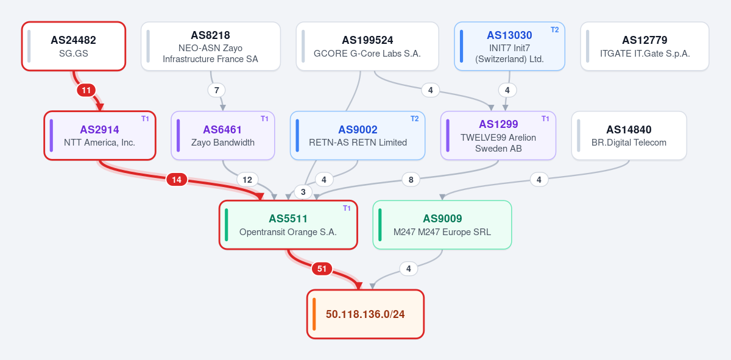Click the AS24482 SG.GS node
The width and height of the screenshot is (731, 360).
point(74,46)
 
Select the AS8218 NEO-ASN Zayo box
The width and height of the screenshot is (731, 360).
point(211,46)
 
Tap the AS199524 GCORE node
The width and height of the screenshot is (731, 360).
point(367,46)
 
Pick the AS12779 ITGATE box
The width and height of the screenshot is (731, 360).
point(645,46)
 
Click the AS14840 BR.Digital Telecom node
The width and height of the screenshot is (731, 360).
point(629,135)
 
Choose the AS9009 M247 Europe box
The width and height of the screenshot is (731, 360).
point(442,225)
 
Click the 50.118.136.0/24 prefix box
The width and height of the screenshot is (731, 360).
point(365,314)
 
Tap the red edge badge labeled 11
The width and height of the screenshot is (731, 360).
point(86,90)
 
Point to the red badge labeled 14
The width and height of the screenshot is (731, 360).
point(177,180)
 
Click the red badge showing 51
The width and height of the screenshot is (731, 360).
point(322,269)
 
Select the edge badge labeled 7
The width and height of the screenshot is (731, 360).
point(216,90)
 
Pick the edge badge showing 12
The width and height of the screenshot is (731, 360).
point(247,180)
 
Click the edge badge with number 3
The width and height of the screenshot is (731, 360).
point(303,192)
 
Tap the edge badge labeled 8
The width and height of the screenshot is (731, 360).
point(411,180)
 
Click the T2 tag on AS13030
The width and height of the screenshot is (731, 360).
point(555,30)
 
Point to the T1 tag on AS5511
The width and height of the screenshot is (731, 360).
point(347,208)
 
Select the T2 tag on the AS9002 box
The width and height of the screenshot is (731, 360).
point(414,119)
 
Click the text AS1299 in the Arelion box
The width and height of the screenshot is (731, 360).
point(498,124)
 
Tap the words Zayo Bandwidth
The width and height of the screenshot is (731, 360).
point(223,143)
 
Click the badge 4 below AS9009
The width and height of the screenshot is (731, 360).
point(408,269)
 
